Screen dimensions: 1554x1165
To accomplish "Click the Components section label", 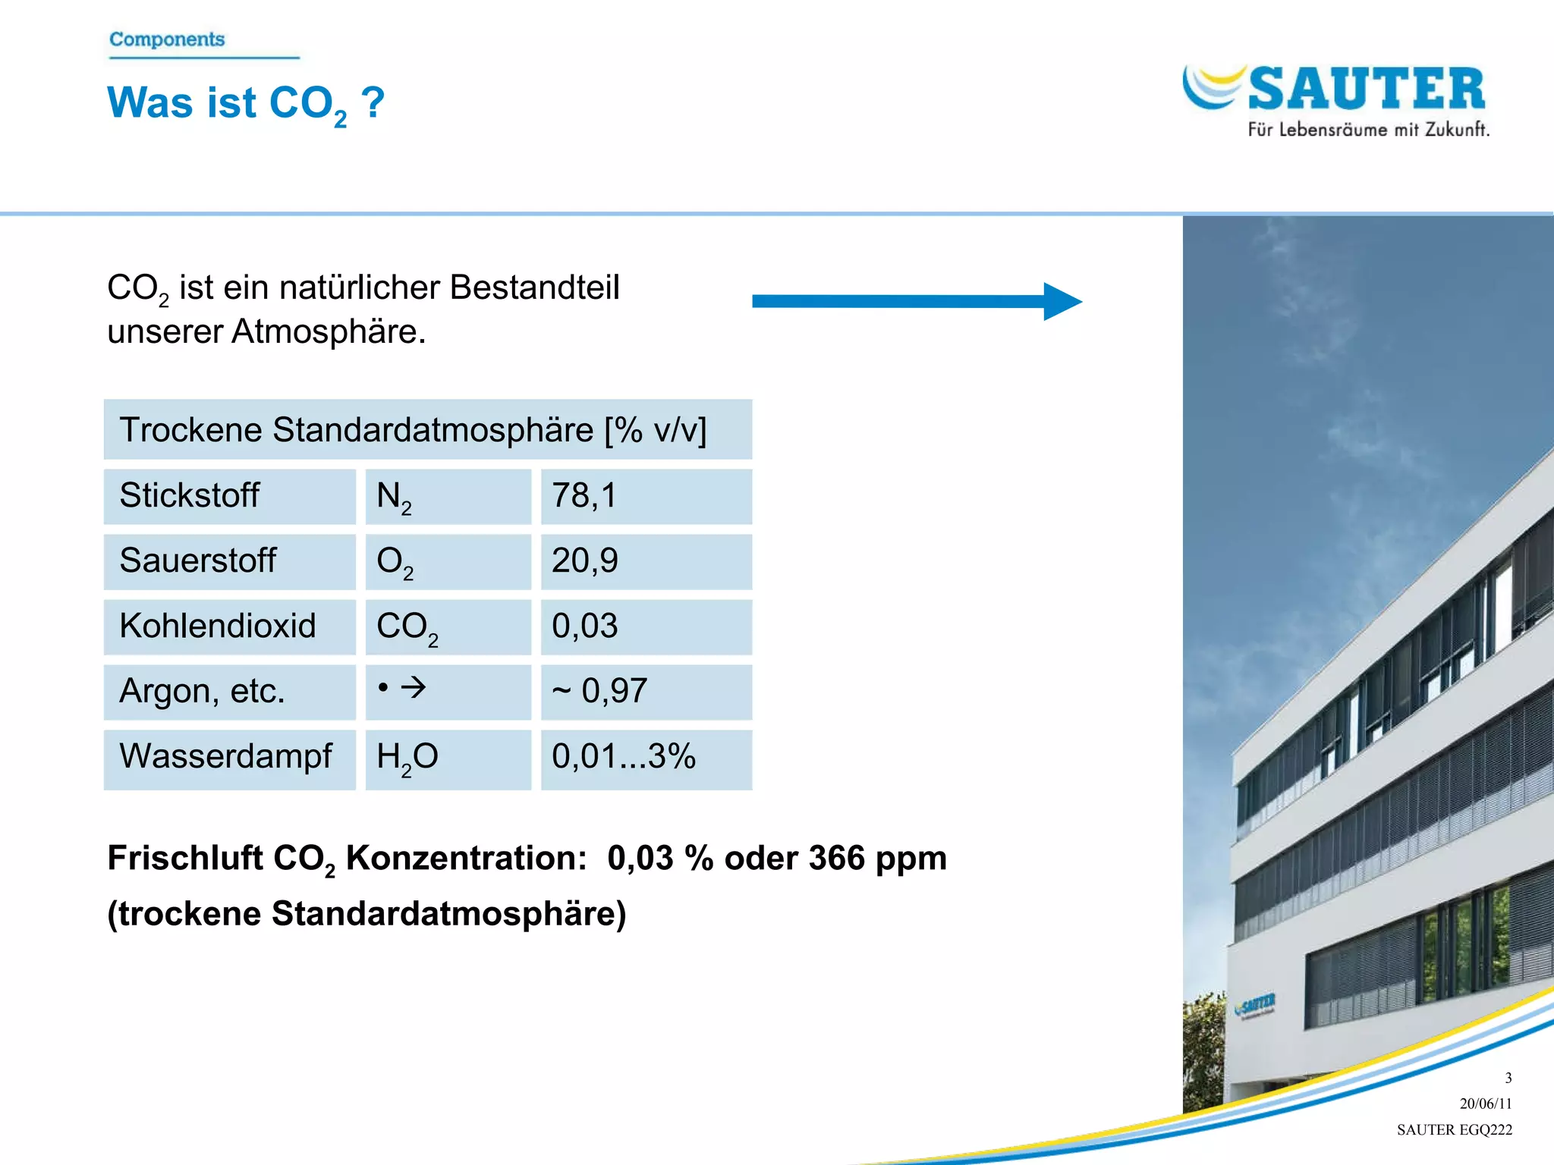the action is click(167, 39).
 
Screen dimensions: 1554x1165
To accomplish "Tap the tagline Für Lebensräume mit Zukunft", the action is click(1368, 130).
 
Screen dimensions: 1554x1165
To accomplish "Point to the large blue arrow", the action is click(916, 301).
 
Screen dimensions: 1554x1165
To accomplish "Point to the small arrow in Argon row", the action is click(414, 688).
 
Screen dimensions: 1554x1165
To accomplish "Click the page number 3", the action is click(1508, 1078).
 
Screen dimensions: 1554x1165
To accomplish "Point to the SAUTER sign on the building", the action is click(1256, 1006).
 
